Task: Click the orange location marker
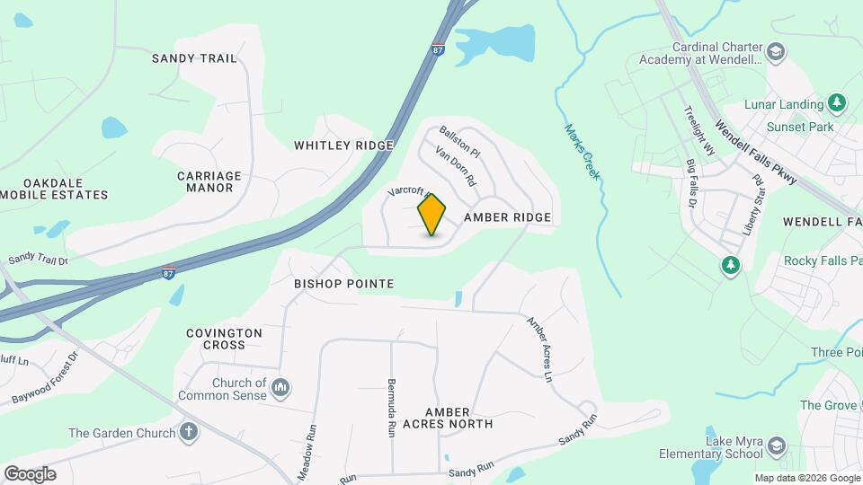pos(432,215)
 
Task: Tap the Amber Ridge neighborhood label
pos(507,218)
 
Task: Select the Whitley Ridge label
pos(343,145)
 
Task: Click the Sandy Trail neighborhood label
pos(194,58)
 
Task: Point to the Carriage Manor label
pos(209,181)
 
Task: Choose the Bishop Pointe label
pos(344,284)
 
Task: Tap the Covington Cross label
pos(224,339)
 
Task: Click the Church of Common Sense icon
pos(280,388)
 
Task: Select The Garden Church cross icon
pos(188,433)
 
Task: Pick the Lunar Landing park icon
pos(837,103)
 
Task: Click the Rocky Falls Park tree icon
pos(731,265)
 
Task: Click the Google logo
pos(30,473)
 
